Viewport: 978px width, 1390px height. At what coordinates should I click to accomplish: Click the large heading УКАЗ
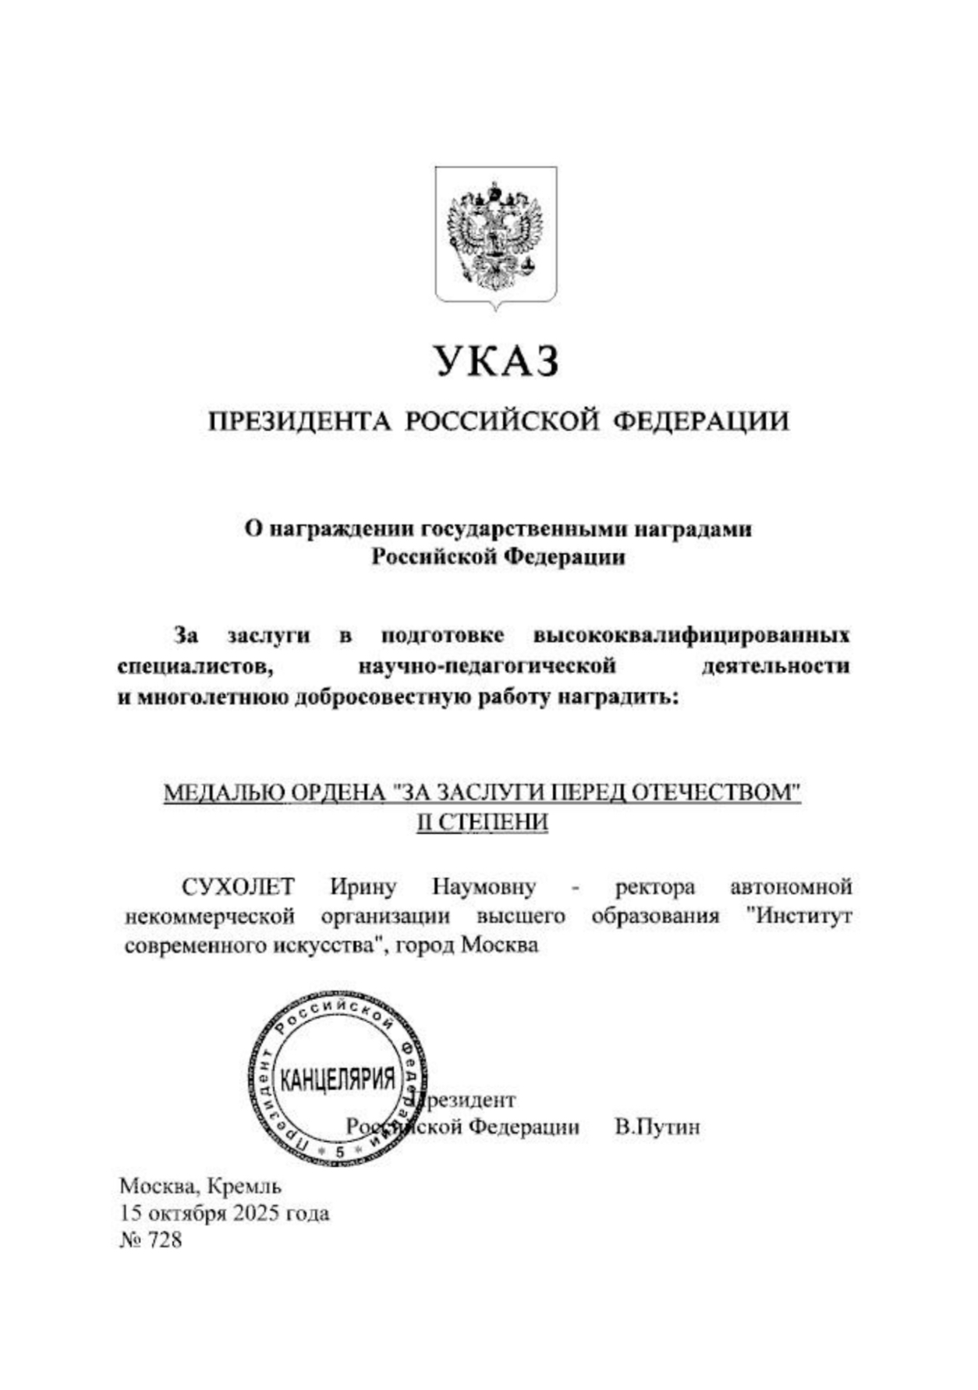click(x=497, y=361)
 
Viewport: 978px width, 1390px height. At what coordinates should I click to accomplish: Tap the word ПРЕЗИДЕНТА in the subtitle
click(x=299, y=422)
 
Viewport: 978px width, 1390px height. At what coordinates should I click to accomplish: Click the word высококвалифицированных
click(x=691, y=635)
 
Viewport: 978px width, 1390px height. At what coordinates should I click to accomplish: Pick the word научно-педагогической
click(x=487, y=666)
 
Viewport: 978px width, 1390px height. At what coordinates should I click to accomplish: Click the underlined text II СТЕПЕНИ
click(x=482, y=823)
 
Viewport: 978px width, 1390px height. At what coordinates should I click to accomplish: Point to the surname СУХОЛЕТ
click(x=239, y=887)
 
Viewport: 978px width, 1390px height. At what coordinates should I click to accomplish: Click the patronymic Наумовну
click(x=484, y=887)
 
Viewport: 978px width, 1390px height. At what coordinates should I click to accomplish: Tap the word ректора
click(x=655, y=887)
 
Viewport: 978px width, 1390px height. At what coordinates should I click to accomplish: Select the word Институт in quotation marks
click(x=799, y=916)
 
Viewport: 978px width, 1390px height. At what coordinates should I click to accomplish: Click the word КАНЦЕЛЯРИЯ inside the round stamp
click(x=338, y=1080)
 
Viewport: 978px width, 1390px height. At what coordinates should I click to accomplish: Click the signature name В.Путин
click(x=657, y=1127)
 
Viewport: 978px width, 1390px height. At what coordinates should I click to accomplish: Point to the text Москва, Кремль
click(x=200, y=1186)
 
